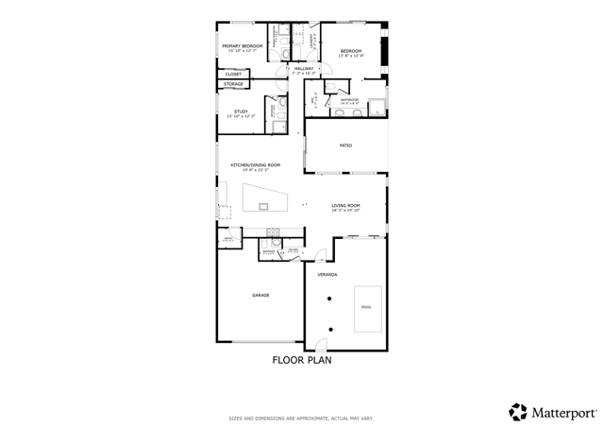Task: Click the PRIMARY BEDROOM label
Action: pyautogui.click(x=242, y=45)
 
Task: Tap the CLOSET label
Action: pyautogui.click(x=232, y=74)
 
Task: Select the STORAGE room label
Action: pyautogui.click(x=233, y=84)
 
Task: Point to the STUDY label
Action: pyautogui.click(x=241, y=111)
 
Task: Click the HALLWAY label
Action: pyautogui.click(x=303, y=68)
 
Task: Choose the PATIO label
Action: pyautogui.click(x=345, y=145)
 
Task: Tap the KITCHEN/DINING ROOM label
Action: pyautogui.click(x=255, y=165)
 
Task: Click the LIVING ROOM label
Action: pyautogui.click(x=345, y=205)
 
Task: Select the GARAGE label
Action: pyautogui.click(x=260, y=295)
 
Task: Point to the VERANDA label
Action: pyautogui.click(x=327, y=274)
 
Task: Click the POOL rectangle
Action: pyautogui.click(x=367, y=308)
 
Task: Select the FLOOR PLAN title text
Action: pyautogui.click(x=302, y=360)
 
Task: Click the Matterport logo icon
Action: pyautogui.click(x=517, y=412)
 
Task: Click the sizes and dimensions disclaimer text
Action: pyautogui.click(x=301, y=418)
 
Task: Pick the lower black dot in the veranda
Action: pyautogui.click(x=330, y=329)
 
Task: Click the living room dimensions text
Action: pyautogui.click(x=345, y=211)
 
